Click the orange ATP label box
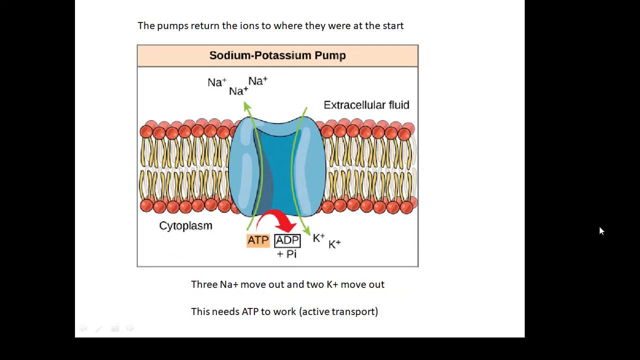tap(258, 240)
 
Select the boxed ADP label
tap(287, 240)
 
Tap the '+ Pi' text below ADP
tap(286, 253)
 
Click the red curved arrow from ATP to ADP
tap(275, 218)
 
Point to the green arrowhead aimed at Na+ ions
tap(247, 106)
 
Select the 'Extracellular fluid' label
tap(366, 105)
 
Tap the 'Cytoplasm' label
tap(185, 225)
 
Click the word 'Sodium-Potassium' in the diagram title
tap(260, 55)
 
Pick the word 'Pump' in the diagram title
tap(330, 55)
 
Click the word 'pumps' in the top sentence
tap(172, 26)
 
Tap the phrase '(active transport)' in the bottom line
tap(338, 311)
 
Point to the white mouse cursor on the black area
tap(601, 231)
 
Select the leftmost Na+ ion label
tap(217, 82)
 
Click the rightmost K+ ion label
tap(334, 244)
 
